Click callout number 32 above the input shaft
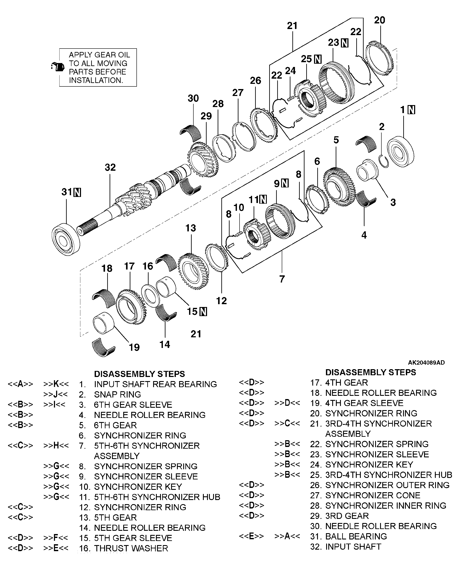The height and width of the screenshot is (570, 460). click(x=110, y=167)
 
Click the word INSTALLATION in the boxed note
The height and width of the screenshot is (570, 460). click(x=96, y=80)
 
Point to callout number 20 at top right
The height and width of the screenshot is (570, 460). click(x=379, y=20)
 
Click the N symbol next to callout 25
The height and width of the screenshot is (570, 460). click(x=318, y=59)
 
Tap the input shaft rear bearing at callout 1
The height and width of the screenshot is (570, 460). click(x=401, y=152)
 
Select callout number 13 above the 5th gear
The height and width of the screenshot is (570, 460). click(x=191, y=228)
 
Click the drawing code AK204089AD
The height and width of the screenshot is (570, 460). click(x=426, y=362)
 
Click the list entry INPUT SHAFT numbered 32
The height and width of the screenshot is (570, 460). click(x=353, y=547)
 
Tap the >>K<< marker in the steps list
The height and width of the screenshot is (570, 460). click(x=56, y=384)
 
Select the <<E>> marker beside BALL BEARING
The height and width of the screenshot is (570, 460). click(x=251, y=536)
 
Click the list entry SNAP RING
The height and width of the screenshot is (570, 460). click(x=117, y=394)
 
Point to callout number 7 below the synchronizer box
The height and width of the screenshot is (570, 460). click(x=282, y=279)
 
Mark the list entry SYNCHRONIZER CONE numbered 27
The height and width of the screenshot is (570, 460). click(x=373, y=495)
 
